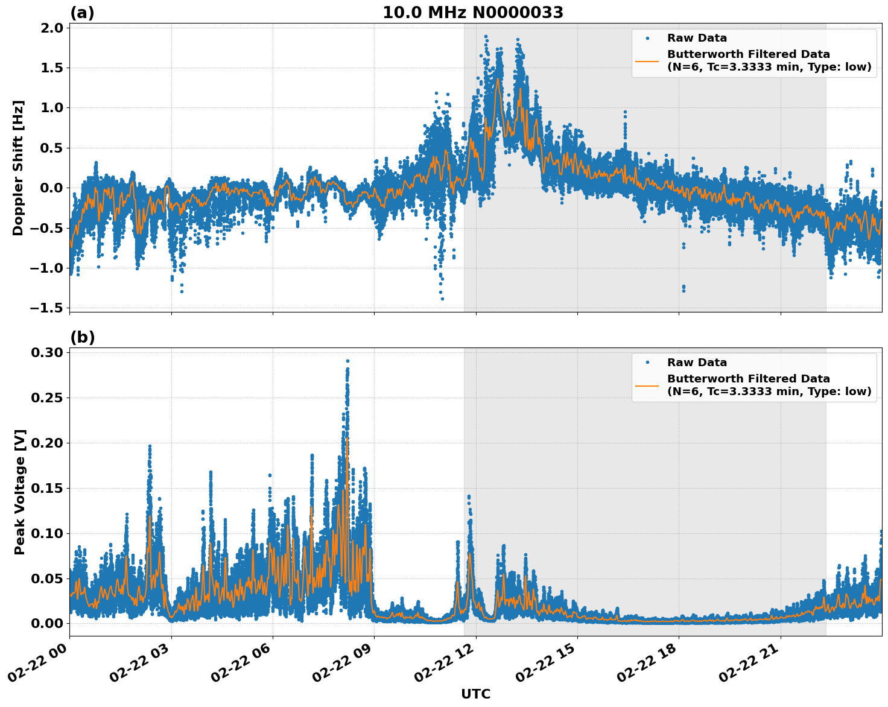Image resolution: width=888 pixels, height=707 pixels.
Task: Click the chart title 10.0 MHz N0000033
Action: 473,13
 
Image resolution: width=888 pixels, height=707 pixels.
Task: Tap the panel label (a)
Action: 82,13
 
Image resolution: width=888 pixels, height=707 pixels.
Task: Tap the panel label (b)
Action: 82,337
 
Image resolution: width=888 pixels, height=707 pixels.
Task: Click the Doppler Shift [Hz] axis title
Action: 18,168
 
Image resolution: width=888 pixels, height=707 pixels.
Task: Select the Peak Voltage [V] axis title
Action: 20,492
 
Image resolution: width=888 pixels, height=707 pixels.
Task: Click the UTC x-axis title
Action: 475,694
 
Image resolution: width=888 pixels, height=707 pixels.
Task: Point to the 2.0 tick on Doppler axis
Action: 52,28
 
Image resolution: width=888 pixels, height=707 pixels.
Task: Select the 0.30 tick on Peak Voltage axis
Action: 48,352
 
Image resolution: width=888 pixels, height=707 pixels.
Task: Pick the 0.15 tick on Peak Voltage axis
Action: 48,488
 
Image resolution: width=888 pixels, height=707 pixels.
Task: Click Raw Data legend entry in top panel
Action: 697,38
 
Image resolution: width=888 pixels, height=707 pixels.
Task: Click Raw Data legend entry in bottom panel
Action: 697,363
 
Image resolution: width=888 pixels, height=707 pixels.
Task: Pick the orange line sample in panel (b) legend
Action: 647,385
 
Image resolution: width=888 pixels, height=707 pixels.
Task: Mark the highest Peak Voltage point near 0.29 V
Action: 347,361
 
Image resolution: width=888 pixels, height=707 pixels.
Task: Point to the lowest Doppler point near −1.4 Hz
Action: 442,299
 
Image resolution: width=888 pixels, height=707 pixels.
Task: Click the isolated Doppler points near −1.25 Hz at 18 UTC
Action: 683,288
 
